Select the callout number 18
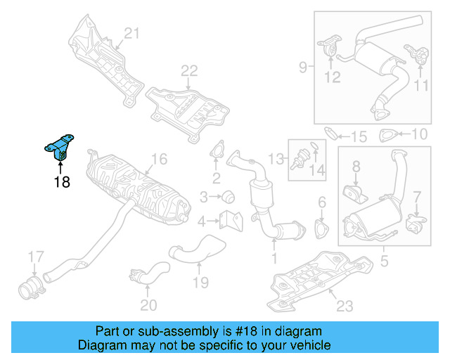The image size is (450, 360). click(61, 183)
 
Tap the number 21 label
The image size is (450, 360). click(132, 32)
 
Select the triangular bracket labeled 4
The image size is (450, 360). click(229, 221)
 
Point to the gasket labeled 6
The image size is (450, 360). click(322, 229)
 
